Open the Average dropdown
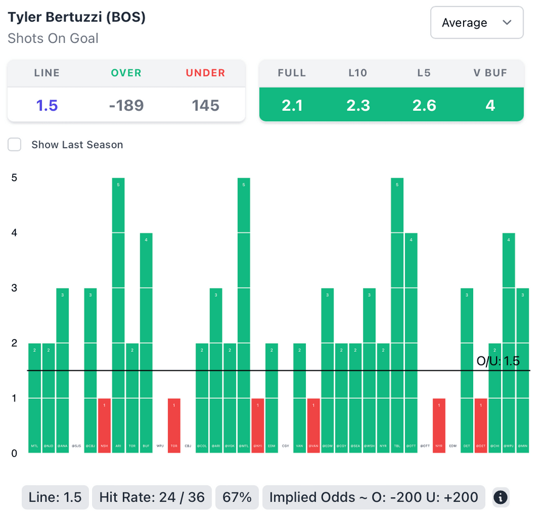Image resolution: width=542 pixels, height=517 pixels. tap(477, 23)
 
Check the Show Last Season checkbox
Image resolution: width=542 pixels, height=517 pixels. tap(14, 145)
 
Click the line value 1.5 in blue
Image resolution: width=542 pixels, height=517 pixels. tap(47, 105)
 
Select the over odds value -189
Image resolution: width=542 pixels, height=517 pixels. tap(126, 105)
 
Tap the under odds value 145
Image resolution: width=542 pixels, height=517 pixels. tap(205, 105)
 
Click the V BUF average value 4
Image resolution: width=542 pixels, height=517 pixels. tap(490, 105)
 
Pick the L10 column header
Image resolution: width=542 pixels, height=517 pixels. tap(358, 73)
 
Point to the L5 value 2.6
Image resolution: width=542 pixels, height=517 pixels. tap(424, 105)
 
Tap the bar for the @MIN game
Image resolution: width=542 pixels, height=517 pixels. tap(522, 370)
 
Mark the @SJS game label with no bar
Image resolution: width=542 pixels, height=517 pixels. tap(76, 446)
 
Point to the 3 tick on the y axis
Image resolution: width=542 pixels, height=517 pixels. tap(14, 288)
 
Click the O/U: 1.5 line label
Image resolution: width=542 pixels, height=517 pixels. tap(498, 361)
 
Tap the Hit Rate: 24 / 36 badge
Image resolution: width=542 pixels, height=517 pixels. tap(151, 497)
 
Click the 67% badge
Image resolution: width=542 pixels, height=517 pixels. tap(237, 497)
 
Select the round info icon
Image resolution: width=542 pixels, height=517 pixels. tap(501, 497)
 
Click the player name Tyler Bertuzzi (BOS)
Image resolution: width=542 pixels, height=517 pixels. tap(77, 17)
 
